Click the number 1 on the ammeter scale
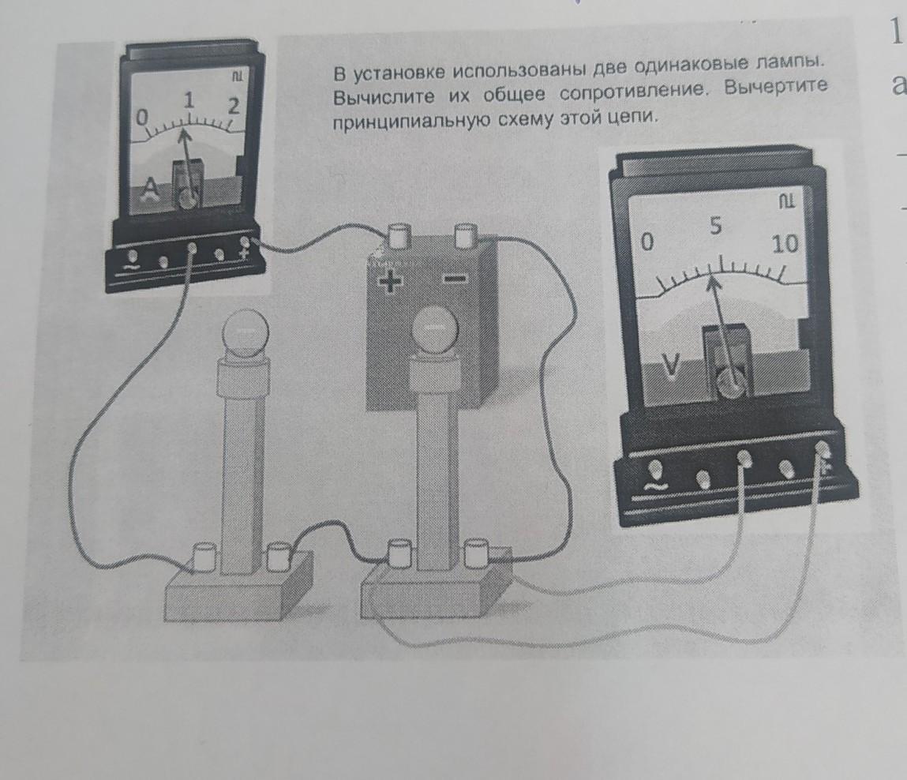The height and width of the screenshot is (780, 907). point(189,100)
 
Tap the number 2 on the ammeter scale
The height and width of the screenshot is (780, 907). point(234,106)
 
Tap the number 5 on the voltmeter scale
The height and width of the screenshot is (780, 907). point(716,226)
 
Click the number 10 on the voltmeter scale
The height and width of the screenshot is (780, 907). point(785,244)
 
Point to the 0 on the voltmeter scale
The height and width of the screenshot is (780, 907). point(647,242)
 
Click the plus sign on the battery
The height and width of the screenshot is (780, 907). point(391,282)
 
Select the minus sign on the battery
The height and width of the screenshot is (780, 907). point(455,279)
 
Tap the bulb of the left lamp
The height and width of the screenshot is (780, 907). point(246,335)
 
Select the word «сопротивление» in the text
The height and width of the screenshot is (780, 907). point(633,92)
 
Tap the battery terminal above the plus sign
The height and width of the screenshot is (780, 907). point(398,236)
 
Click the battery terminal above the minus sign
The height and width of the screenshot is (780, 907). point(465,235)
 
